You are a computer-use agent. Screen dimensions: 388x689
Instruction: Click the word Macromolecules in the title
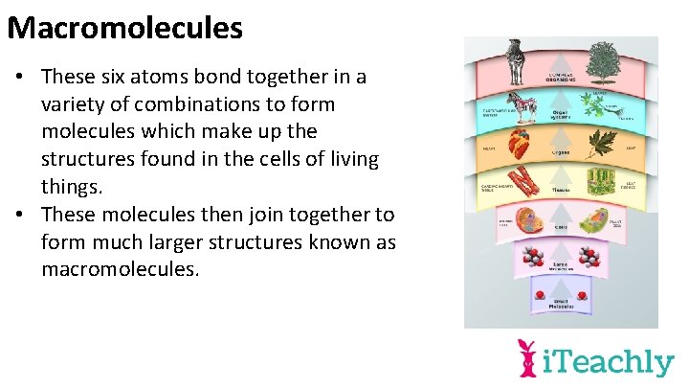coord(124,28)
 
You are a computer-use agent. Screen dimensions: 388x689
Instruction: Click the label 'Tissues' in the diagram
coord(562,190)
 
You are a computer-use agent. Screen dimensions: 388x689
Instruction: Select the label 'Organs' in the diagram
coord(562,151)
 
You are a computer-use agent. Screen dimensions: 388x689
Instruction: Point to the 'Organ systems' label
coord(562,113)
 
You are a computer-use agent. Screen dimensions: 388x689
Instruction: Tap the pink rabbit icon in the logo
coord(527,357)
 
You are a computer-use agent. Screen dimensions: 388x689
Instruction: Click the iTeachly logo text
coord(609,362)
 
